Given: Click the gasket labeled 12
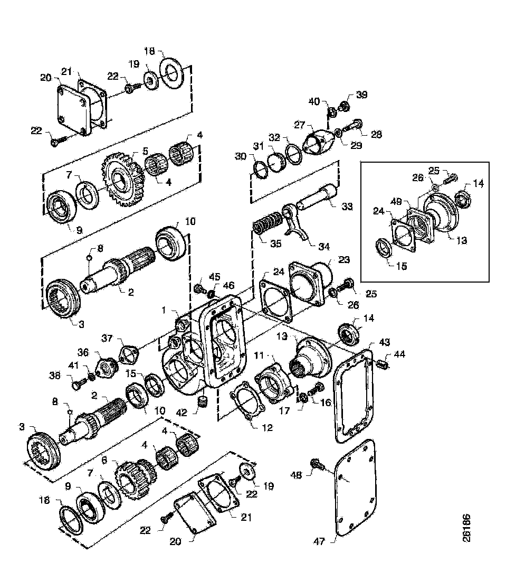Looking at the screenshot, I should pos(247,406).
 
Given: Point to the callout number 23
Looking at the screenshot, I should pos(344,260).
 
